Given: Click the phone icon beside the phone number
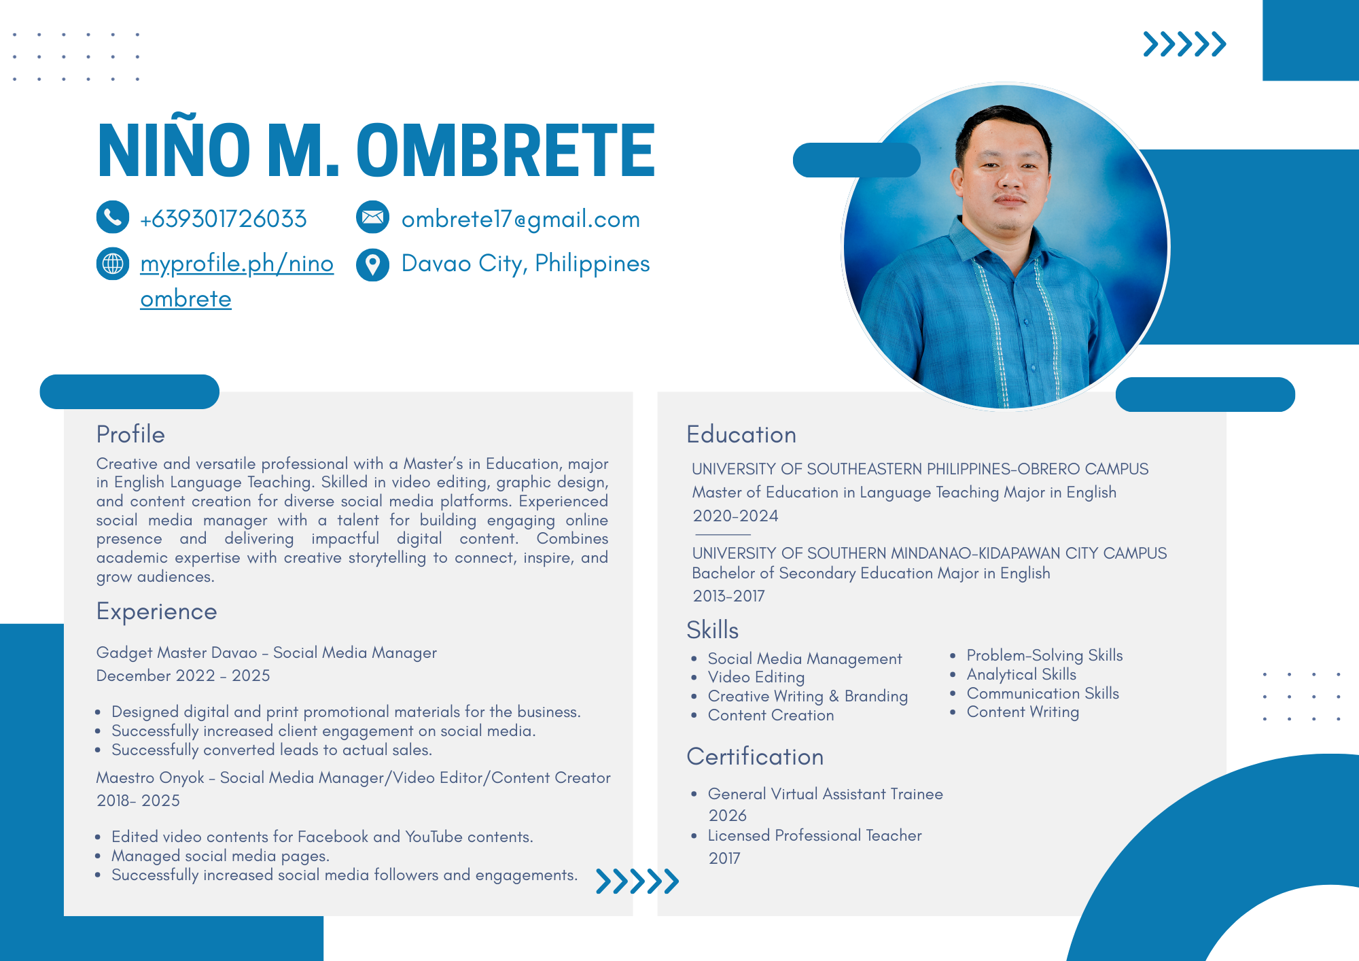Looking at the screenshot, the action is tap(113, 217).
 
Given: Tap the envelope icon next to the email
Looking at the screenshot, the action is tap(372, 217).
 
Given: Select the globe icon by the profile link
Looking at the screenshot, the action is tap(113, 263).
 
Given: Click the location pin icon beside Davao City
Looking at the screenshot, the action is tap(372, 264).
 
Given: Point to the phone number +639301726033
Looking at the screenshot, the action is tap(223, 219).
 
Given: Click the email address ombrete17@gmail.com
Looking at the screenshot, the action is tap(520, 219).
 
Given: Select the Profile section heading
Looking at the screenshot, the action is tap(130, 434).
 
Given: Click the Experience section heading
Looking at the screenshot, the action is tap(157, 612).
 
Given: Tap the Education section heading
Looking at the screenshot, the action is tap(741, 435).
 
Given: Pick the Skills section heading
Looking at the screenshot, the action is tap(712, 630).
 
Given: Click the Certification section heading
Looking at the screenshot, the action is tap(755, 757).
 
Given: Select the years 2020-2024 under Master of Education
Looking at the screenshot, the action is tap(735, 516).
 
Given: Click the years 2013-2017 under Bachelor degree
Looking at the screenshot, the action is tap(728, 596).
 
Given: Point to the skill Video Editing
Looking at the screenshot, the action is tap(756, 678).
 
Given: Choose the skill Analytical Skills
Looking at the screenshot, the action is tap(1021, 674).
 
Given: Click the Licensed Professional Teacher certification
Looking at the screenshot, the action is tap(815, 835).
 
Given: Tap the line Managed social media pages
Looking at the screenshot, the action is tap(220, 856).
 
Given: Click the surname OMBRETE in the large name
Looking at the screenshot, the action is tap(506, 150).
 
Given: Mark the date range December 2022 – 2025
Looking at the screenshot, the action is tap(183, 676).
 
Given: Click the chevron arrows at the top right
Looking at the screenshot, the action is tap(1184, 44).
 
